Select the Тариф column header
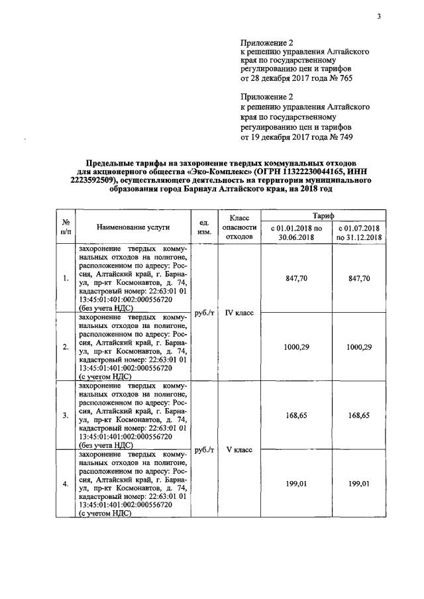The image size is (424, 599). click(x=324, y=216)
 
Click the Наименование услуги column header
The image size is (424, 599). click(x=133, y=227)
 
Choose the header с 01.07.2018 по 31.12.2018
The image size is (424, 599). click(x=358, y=232)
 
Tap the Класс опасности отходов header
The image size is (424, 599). click(x=238, y=227)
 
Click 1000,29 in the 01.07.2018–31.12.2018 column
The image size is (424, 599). click(x=358, y=347)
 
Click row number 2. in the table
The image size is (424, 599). click(x=66, y=347)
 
